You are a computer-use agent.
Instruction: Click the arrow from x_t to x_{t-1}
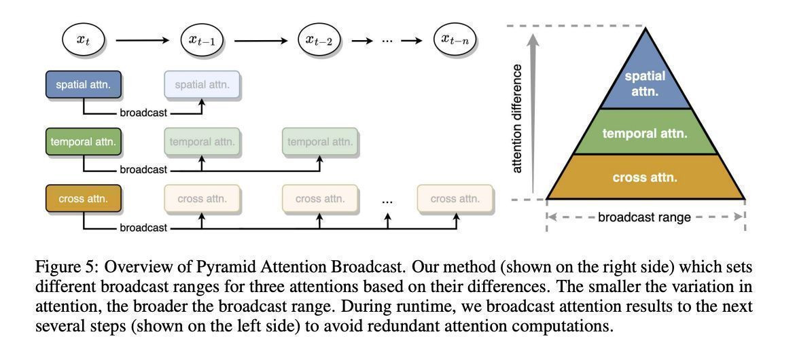(x=142, y=40)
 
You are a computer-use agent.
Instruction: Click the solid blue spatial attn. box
(x=84, y=85)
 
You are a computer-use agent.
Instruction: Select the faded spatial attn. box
(x=202, y=85)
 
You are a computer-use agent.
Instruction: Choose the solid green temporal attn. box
(x=84, y=143)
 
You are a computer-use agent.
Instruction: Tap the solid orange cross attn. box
(x=84, y=199)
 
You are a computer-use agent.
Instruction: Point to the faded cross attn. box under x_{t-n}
(x=455, y=199)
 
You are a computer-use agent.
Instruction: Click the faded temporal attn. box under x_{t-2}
(x=320, y=143)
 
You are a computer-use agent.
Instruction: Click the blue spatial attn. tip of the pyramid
(x=645, y=78)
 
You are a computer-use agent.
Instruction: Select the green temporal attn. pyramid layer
(x=645, y=132)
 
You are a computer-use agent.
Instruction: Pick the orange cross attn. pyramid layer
(x=645, y=177)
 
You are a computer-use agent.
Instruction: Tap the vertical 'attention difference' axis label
(x=518, y=119)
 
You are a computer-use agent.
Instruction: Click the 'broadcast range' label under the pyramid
(x=644, y=218)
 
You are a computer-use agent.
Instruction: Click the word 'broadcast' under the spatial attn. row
(x=143, y=113)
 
